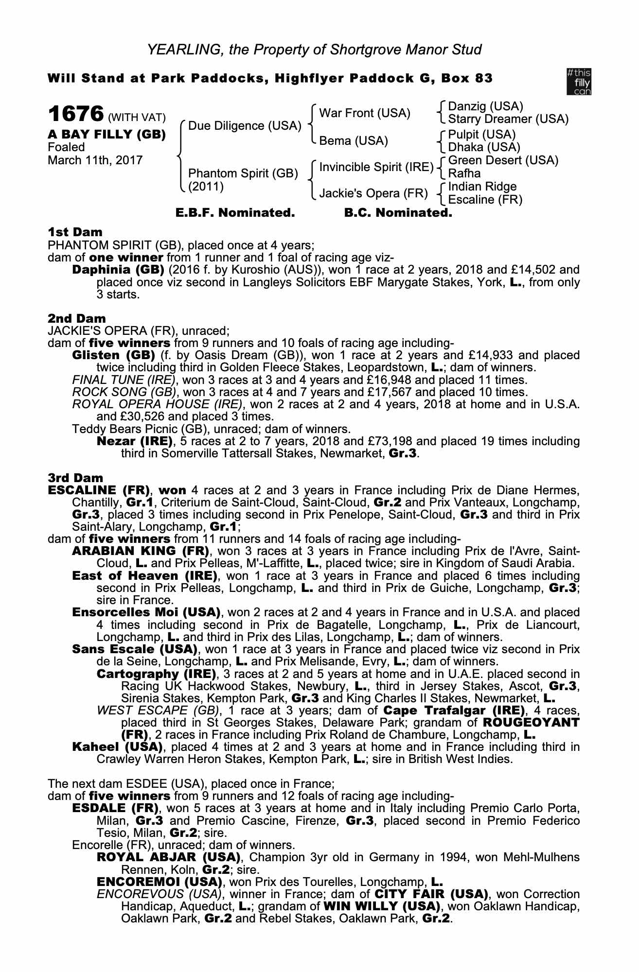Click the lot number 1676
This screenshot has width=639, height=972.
[75, 115]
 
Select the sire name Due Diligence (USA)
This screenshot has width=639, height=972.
[245, 126]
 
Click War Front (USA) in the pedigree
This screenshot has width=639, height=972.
[365, 113]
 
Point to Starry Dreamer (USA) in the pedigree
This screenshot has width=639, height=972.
[508, 119]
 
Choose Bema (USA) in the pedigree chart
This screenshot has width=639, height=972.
[354, 141]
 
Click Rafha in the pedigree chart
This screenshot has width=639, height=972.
[464, 174]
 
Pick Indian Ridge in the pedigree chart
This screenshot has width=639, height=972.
[482, 187]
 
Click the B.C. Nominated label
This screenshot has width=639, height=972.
[398, 213]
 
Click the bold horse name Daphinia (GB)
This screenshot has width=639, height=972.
[113, 270]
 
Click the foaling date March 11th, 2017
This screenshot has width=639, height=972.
[95, 160]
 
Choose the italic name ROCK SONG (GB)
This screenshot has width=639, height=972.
[124, 392]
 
